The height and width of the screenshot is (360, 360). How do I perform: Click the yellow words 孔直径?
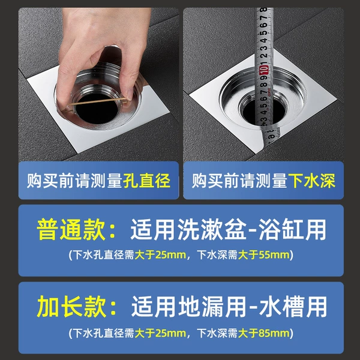pos(147,181)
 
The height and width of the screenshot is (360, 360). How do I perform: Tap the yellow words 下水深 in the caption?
pos(312,181)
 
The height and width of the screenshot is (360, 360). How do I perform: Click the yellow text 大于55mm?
pos(264,255)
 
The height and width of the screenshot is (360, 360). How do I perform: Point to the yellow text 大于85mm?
pos(264,334)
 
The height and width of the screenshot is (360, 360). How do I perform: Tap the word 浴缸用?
pos(293,230)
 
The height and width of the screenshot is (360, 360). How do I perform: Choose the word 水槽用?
pos(293,307)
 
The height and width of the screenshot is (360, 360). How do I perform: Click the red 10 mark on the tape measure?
pos(264,70)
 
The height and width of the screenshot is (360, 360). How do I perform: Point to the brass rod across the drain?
pos(98,102)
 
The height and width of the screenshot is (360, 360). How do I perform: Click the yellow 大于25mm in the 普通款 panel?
pos(160,255)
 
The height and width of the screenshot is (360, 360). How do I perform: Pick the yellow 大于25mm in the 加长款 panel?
pos(160,334)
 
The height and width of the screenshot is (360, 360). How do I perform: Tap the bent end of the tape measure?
pos(271,136)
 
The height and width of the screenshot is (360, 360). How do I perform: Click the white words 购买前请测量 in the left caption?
pos(74,181)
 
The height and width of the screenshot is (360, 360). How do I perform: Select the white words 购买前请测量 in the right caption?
pos(239,181)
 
